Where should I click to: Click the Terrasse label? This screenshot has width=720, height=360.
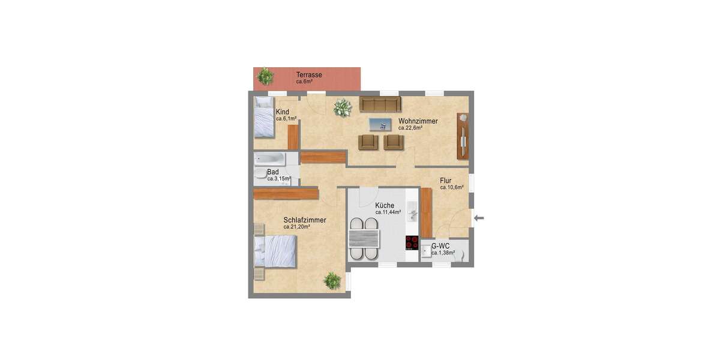point(309,75)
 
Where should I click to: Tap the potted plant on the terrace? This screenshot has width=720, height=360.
point(265,76)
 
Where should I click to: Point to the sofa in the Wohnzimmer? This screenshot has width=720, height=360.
point(380,104)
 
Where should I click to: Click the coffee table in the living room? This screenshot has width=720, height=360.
point(379,124)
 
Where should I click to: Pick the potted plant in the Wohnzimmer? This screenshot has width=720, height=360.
point(343,108)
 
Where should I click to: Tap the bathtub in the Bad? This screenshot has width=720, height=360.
point(268,159)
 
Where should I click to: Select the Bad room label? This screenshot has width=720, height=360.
point(273,172)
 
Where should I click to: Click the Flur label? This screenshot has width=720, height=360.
point(445,180)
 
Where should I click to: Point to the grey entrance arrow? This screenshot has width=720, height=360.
point(479,218)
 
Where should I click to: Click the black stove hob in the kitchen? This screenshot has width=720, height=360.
point(412,242)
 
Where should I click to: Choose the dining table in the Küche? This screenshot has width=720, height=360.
point(365,239)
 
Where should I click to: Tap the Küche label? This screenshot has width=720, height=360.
point(385,205)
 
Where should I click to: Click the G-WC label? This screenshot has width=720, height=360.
point(440,246)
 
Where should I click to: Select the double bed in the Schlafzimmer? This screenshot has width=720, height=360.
point(275,251)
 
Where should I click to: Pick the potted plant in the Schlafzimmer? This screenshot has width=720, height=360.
point(332,280)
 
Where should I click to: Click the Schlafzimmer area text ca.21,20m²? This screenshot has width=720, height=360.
point(299,227)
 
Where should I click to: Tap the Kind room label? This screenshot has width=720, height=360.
point(283,112)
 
